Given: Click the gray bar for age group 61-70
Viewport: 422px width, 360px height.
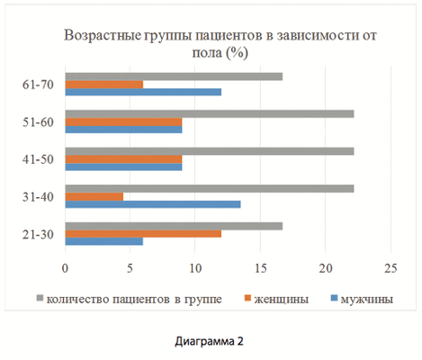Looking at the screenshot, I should [174, 76].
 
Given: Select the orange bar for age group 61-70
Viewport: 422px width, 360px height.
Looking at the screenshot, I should [104, 85].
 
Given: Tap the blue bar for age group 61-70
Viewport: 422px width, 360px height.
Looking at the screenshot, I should [143, 93].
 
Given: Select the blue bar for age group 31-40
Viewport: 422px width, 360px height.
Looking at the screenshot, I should [153, 203].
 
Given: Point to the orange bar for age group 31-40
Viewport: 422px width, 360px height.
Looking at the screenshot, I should [94, 195].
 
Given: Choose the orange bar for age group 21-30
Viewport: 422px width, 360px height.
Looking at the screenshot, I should [143, 233].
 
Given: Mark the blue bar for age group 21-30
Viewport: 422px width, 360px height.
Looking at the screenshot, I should [104, 241].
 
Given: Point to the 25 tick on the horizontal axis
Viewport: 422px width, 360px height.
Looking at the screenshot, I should [391, 268].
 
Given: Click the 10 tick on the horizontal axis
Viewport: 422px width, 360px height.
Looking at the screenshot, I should [195, 268].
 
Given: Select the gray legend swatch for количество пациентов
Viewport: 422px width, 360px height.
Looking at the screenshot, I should [40, 297].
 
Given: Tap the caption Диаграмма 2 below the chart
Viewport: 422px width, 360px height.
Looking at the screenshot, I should [211, 342].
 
